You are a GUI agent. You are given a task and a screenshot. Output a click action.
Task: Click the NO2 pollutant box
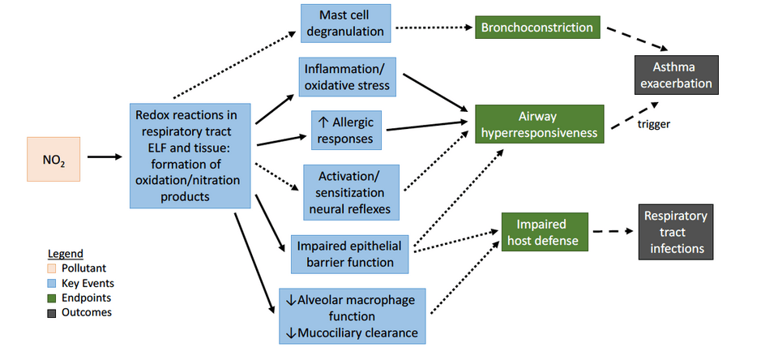(54, 157)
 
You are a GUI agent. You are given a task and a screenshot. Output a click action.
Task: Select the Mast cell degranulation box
(344, 24)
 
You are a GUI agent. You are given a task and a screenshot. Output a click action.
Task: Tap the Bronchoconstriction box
(537, 28)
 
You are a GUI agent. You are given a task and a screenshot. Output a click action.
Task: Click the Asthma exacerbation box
(676, 75)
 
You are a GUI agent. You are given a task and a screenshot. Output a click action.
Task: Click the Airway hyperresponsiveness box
(539, 124)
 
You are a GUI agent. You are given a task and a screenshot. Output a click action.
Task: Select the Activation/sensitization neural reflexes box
(351, 191)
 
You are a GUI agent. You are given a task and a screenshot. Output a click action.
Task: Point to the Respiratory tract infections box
(676, 232)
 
